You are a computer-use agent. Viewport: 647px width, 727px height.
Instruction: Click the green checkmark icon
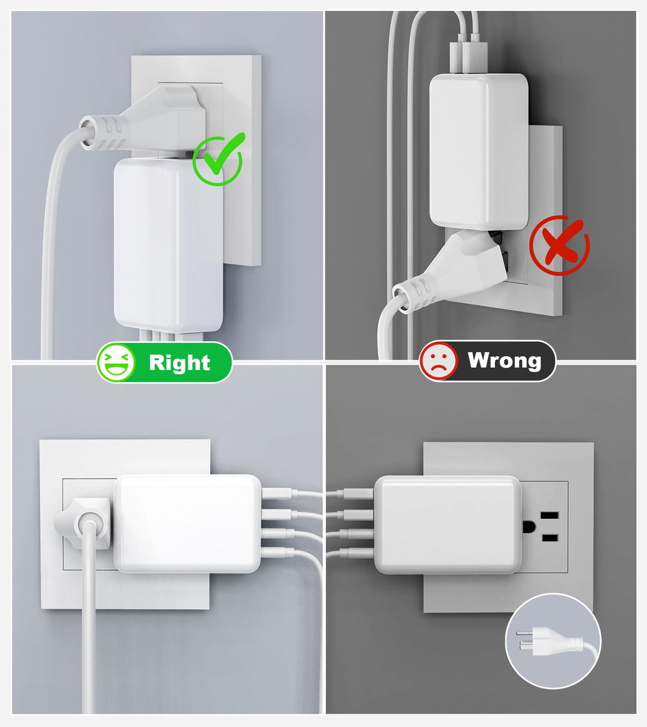point(217,160)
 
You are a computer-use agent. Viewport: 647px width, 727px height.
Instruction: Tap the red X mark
point(560,245)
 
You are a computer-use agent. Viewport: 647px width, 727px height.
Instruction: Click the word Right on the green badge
point(180,363)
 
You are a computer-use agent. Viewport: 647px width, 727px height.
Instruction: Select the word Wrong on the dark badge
point(505,360)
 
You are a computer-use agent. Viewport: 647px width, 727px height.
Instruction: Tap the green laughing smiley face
point(116,363)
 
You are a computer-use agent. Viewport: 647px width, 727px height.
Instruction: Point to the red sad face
point(437,360)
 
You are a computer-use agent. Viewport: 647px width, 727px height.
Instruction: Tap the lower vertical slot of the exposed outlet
point(549,538)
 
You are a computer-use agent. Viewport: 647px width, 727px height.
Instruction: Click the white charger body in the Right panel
point(168,245)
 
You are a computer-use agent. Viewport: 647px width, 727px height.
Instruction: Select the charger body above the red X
point(479,151)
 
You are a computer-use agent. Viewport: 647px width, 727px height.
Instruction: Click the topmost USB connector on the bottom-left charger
point(278,493)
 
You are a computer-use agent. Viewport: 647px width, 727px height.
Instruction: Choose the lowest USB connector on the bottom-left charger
point(278,553)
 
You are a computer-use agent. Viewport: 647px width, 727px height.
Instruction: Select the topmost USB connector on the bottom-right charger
point(358,494)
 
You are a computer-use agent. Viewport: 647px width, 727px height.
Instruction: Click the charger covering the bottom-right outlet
point(448,524)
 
